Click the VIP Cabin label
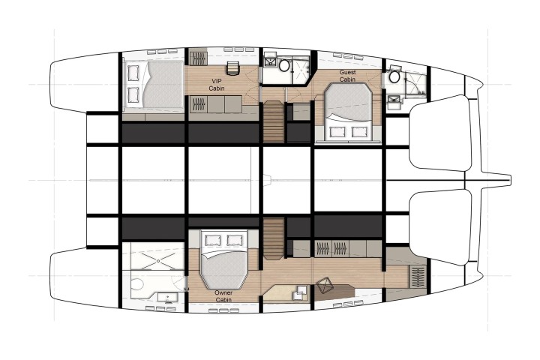[217, 85]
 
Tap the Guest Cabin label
[347, 76]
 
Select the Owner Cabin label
[223, 296]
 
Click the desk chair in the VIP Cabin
[232, 67]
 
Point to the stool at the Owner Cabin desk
[324, 286]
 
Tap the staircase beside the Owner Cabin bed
[273, 238]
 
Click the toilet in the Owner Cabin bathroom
[138, 284]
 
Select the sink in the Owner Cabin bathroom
[167, 297]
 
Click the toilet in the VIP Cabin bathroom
[284, 64]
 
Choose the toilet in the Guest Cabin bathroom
[394, 76]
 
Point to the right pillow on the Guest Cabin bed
[358, 132]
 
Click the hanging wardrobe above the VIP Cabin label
[198, 58]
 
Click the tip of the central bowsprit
[511, 179]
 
